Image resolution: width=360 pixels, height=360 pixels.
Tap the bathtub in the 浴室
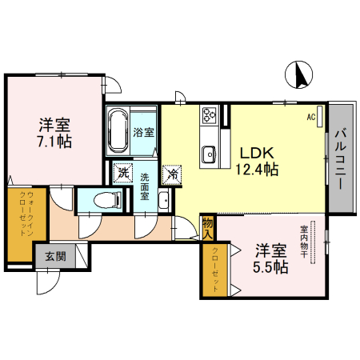pos(119,132)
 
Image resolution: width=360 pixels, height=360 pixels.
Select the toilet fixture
pos(104,200)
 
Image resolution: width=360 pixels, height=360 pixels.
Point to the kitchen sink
pos(209,151)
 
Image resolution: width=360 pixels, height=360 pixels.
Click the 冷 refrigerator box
pos(172,171)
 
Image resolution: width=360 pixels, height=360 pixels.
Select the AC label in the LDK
pos(310,116)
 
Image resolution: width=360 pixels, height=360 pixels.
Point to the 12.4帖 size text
pos(256,169)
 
